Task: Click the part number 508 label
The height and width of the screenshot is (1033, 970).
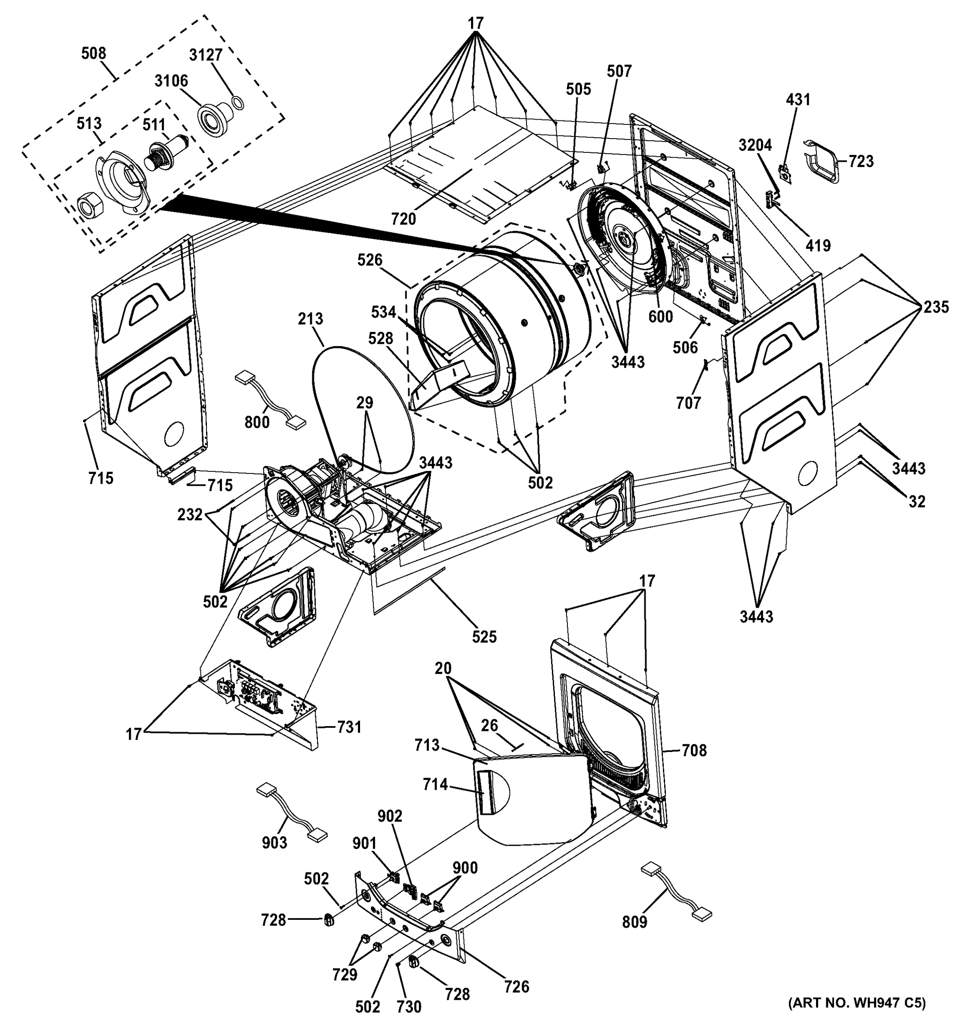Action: coord(93,53)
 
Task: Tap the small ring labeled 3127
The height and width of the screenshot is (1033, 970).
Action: coord(238,102)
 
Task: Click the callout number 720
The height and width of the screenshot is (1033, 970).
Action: coord(403,219)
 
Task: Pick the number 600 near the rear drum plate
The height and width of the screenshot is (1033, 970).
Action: coord(661,316)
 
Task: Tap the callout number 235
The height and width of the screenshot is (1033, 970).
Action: coord(936,307)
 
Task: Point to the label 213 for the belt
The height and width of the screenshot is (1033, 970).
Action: coord(311,319)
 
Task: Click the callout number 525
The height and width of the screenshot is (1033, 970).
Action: coord(484,637)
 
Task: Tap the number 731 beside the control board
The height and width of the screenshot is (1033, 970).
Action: coord(349,727)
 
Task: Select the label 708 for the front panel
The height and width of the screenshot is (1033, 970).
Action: coord(694,750)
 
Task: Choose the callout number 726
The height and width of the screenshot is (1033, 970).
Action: coord(516,986)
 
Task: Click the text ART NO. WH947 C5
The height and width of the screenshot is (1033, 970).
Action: coord(857,1017)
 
